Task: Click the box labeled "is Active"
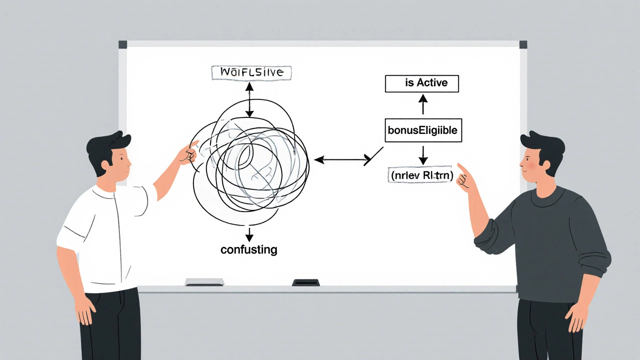(421, 83)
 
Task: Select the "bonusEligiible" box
(422, 131)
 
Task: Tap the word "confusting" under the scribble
(248, 249)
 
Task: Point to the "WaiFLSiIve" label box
(251, 72)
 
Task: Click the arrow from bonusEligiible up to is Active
(423, 105)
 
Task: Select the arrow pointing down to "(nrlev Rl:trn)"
(423, 155)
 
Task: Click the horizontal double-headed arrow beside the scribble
(342, 160)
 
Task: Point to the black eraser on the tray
(305, 282)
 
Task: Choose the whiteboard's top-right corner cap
(523, 44)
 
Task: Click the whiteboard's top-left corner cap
(122, 44)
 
